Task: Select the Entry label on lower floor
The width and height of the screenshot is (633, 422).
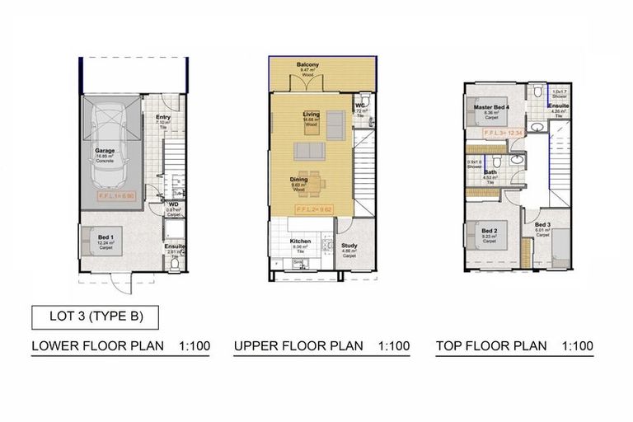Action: point(162,117)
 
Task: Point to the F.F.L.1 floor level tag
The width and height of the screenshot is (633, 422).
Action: point(116,198)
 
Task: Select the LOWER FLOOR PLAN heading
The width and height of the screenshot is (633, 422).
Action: point(97,346)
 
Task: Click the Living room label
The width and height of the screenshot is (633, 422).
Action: point(311,115)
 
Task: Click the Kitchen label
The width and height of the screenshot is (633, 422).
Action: point(300,242)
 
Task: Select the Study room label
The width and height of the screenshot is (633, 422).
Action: point(349,244)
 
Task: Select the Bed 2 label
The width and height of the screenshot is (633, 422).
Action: point(489,231)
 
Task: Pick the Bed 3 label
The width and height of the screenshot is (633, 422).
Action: point(542,225)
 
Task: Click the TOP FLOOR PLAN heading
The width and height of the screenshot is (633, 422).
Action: point(491,346)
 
